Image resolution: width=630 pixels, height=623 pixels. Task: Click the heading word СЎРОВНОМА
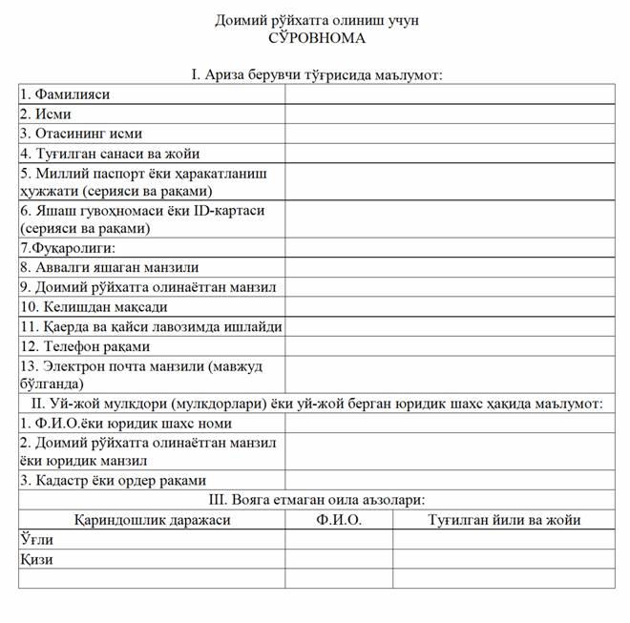pos(316,39)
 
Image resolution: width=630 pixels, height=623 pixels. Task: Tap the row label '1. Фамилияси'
pos(66,94)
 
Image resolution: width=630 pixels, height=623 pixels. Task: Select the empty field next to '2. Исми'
pos(449,114)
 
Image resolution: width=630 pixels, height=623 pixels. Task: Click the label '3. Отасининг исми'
pos(81,134)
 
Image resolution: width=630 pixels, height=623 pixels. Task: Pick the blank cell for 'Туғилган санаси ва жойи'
pos(449,153)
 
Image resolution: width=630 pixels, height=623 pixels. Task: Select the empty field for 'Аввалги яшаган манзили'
pos(449,267)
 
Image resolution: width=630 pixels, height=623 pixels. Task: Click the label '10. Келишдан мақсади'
pos(94,306)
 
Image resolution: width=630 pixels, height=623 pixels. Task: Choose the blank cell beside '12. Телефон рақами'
pos(449,345)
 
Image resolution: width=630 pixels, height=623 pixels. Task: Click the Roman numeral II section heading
pos(316,404)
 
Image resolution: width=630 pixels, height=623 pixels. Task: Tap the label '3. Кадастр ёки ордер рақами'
pos(114,480)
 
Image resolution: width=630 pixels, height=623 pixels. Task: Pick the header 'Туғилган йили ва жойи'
pos(504,520)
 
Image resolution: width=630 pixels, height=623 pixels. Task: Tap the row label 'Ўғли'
pos(35,539)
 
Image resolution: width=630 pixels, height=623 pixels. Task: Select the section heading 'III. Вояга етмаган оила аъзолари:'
pos(316,499)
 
